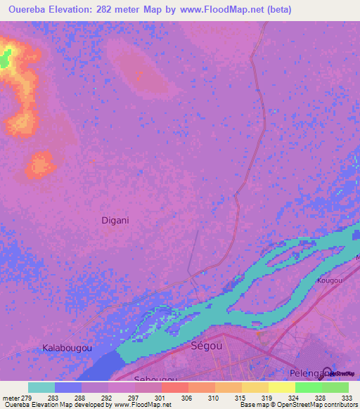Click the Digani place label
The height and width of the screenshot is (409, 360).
click(x=115, y=220)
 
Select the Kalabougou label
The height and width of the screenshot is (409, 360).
click(x=69, y=348)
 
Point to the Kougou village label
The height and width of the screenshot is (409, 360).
click(x=329, y=280)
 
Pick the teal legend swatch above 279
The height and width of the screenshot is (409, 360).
click(x=41, y=387)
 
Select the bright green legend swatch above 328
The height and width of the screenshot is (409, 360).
click(x=309, y=387)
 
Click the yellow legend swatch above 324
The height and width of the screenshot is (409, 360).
click(x=282, y=387)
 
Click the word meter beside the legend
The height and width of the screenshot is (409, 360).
click(x=13, y=397)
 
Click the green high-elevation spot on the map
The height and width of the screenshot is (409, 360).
click(x=6, y=59)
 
